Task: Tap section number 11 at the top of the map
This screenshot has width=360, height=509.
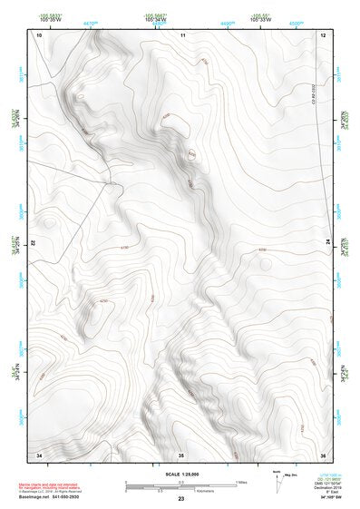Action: click(182, 34)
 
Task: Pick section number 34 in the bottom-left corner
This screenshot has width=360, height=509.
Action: click(39, 454)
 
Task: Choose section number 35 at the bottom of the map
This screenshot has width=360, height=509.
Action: click(181, 454)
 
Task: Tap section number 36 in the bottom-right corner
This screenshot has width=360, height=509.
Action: click(323, 454)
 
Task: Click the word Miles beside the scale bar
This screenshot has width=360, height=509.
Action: click(241, 482)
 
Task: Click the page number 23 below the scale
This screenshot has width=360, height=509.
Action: click(181, 500)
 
